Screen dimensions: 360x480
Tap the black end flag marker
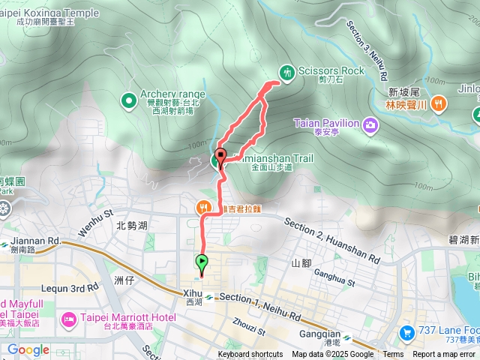(220, 156)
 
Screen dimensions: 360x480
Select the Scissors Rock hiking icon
(286, 71)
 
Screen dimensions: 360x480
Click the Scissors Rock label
(331, 70)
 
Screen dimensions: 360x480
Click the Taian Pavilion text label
(326, 122)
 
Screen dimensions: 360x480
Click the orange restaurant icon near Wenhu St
(202, 207)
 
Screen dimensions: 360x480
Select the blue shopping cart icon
(406, 331)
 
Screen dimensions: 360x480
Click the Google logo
(28, 349)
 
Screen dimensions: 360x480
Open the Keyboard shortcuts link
(250, 355)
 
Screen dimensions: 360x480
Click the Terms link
(393, 355)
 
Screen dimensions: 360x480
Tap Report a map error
(444, 355)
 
